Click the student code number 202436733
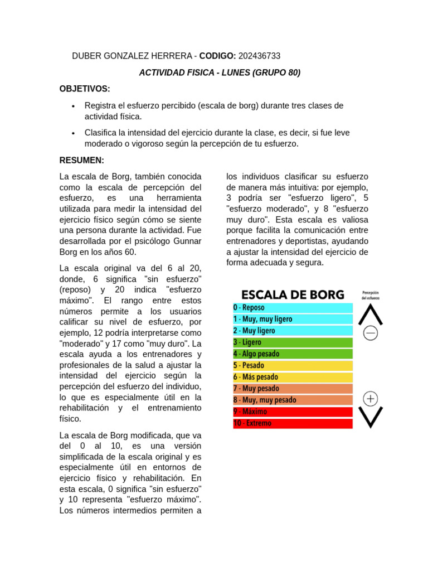tap(259, 56)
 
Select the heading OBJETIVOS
tap(85, 89)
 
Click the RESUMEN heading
tap(82, 160)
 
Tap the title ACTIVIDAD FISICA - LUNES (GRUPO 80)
tap(220, 72)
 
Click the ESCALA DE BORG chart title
tap(293, 294)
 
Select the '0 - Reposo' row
tap(293, 307)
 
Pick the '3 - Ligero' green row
tap(293, 342)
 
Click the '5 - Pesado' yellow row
tap(293, 365)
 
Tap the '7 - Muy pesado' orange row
tap(293, 389)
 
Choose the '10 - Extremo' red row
tap(293, 423)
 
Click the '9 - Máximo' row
tap(293, 412)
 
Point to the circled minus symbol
tap(371, 333)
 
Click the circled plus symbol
tap(371, 399)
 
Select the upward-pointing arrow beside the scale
tap(371, 314)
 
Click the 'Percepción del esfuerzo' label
tap(371, 294)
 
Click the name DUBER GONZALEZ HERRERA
tap(132, 56)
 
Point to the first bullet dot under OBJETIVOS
tap(73, 106)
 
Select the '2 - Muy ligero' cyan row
tap(293, 331)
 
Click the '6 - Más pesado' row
tap(293, 377)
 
